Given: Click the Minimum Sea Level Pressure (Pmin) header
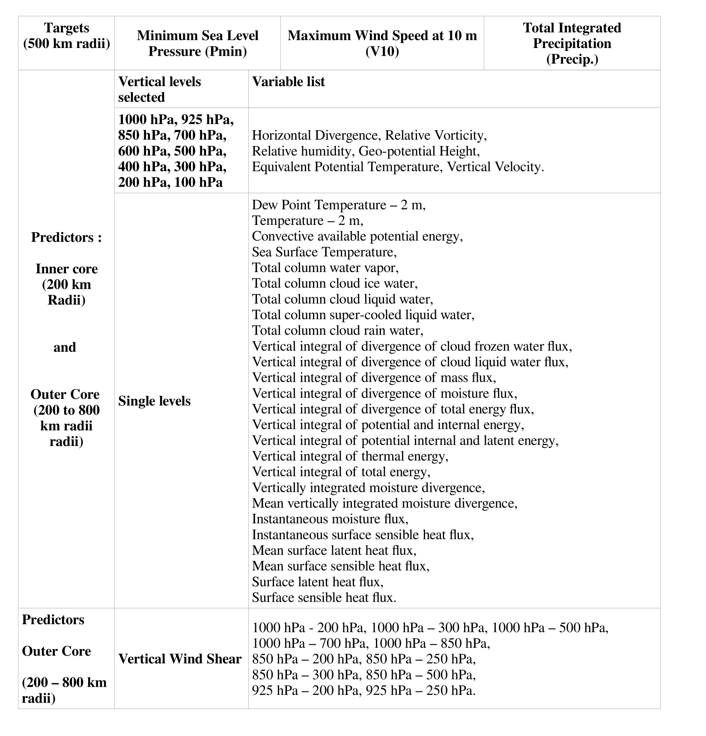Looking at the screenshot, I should [197, 43].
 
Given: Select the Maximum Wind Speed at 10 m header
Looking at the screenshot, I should [382, 43].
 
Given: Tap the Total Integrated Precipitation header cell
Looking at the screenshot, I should [572, 43].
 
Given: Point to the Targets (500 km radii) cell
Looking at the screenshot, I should [66, 36].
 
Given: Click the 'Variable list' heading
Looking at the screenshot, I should [288, 82].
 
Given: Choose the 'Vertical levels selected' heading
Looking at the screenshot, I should [159, 89].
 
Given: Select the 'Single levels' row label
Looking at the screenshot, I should [154, 401].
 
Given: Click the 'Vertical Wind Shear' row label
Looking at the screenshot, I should [180, 658].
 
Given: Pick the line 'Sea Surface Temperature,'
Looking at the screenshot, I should [324, 252].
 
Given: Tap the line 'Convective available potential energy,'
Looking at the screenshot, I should [357, 236].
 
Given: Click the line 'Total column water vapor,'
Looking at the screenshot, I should [325, 268].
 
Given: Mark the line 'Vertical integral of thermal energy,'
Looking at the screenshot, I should [350, 456].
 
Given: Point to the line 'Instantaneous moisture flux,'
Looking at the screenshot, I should [330, 519].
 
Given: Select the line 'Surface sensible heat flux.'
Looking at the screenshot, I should [324, 598].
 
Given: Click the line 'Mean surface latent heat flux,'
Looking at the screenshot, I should [334, 551].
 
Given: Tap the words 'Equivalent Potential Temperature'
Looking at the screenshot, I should [346, 167].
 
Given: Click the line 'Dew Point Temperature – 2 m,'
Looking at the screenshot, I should [339, 205].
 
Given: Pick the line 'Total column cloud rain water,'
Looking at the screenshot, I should [337, 331].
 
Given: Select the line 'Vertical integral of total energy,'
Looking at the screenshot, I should [341, 472].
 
